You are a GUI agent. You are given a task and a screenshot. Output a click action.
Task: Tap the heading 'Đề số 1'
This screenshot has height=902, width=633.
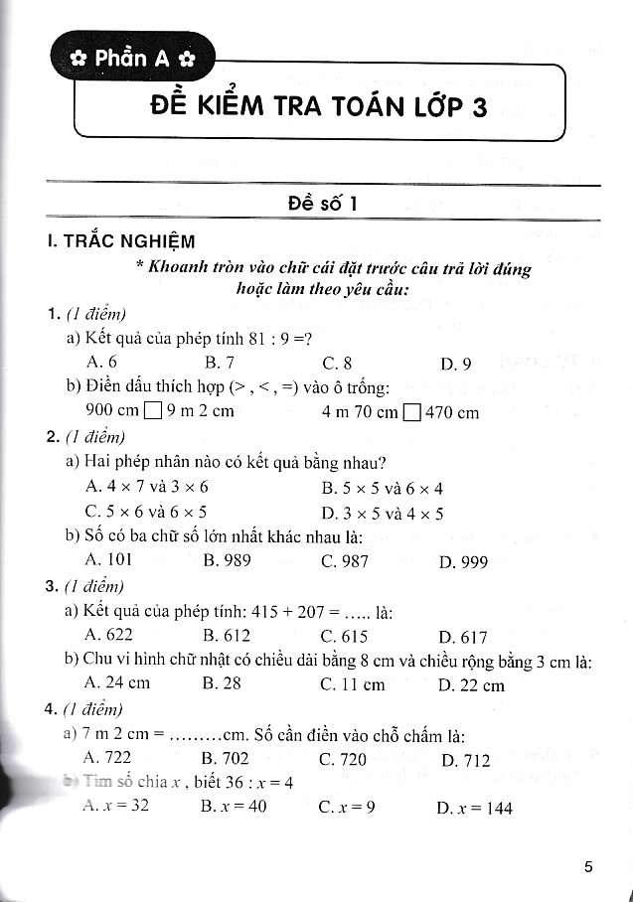pyautogui.click(x=322, y=204)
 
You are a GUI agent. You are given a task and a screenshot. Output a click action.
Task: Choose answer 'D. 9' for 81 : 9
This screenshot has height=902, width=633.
pyautogui.click(x=455, y=363)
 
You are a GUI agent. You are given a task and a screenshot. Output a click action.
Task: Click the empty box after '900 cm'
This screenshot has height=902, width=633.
pyautogui.click(x=152, y=411)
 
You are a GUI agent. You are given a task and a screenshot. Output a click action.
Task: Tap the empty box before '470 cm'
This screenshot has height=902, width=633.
pyautogui.click(x=412, y=411)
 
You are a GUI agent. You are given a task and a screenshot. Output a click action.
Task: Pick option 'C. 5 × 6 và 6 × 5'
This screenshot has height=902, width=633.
pyautogui.click(x=147, y=513)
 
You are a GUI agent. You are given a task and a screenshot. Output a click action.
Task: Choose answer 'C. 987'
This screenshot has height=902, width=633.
pyautogui.click(x=345, y=561)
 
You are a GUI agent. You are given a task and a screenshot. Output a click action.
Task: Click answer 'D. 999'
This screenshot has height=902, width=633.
pyautogui.click(x=463, y=562)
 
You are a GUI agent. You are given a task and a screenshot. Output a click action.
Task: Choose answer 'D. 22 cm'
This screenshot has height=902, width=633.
pyautogui.click(x=471, y=685)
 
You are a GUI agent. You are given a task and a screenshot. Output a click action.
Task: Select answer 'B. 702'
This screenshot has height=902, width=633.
pyautogui.click(x=226, y=759)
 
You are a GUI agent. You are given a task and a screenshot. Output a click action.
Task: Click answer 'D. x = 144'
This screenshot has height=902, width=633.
pyautogui.click(x=475, y=808)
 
